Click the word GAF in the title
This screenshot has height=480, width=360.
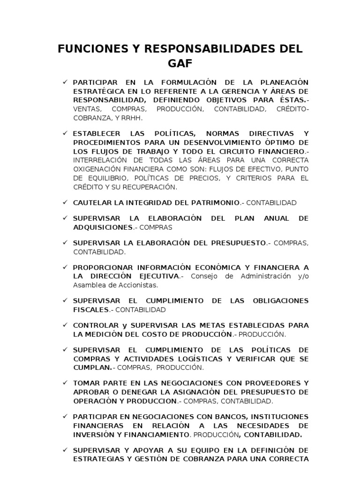click(180, 63)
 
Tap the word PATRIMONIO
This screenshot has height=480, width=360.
click(216, 203)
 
